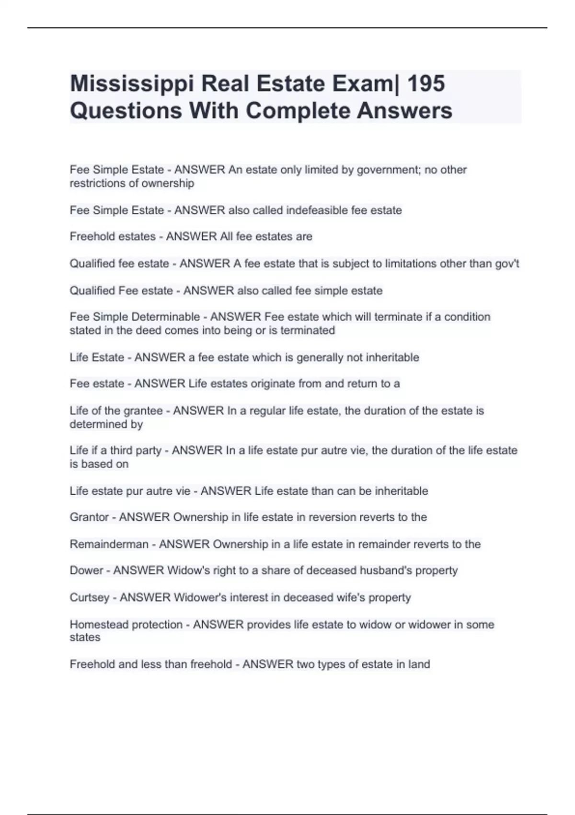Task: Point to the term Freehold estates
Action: pos(113,237)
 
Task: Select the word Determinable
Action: pos(165,317)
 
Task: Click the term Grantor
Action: pos(89,517)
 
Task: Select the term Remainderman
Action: pos(109,545)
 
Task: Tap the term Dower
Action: pos(86,570)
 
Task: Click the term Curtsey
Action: pos(89,598)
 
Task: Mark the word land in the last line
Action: pos(419,664)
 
